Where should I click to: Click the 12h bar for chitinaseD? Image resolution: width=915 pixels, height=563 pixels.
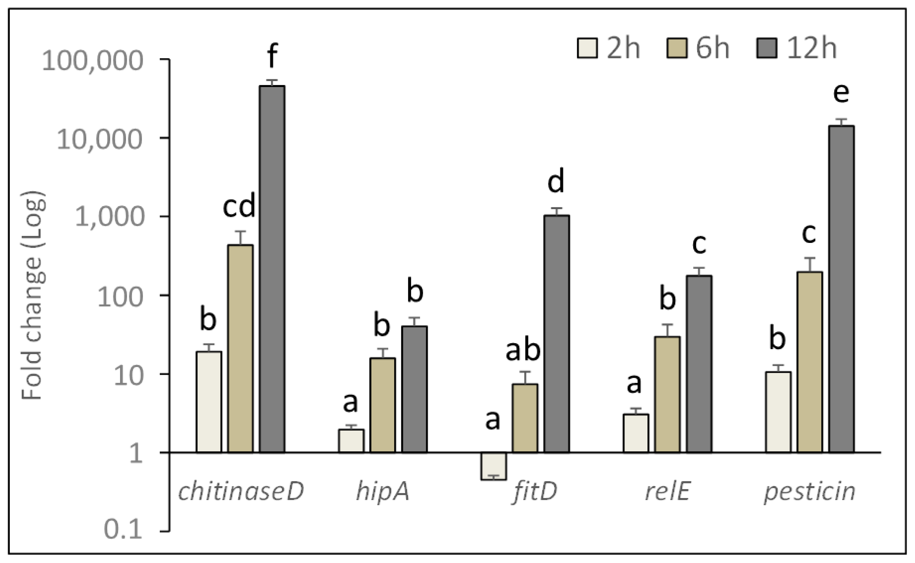(272, 269)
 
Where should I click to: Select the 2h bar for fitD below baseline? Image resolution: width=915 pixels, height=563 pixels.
(493, 466)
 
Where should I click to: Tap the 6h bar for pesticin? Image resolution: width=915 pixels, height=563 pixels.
(810, 362)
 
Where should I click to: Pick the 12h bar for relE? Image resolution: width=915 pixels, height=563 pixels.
(699, 364)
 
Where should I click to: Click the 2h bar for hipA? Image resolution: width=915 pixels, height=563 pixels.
(351, 441)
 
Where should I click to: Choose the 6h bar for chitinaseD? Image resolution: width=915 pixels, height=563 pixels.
(240, 349)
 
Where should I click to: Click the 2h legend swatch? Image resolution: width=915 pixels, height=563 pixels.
(587, 48)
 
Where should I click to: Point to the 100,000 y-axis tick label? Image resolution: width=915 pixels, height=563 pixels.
(92, 60)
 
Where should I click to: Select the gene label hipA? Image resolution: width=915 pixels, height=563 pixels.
(383, 492)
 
